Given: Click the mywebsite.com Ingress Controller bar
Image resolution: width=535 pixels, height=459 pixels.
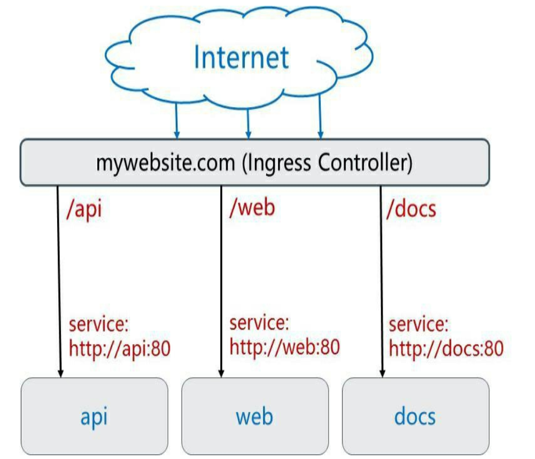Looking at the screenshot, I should pyautogui.click(x=254, y=162).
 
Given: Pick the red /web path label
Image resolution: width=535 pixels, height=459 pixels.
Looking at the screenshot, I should pyautogui.click(x=252, y=208).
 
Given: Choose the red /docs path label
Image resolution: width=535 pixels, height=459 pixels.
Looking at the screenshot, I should pyautogui.click(x=411, y=209).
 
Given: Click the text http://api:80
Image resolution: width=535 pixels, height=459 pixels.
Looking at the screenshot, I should pyautogui.click(x=120, y=348).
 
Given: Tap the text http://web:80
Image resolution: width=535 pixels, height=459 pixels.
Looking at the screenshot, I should pyautogui.click(x=284, y=347).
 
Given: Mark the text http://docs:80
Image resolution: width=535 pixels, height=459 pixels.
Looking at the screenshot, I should pyautogui.click(x=446, y=349).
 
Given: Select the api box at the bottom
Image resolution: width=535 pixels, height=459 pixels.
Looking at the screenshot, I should pyautogui.click(x=94, y=416).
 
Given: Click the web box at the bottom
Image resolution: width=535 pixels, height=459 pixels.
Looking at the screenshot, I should pyautogui.click(x=254, y=416).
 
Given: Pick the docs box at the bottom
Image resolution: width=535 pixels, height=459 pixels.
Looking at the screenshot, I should pyautogui.click(x=415, y=416).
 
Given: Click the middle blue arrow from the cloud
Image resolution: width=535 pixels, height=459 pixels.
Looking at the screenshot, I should pyautogui.click(x=247, y=120).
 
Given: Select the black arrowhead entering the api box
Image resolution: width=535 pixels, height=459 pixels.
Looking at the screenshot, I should pyautogui.click(x=60, y=372).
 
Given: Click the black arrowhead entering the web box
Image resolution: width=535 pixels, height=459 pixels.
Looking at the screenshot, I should pyautogui.click(x=220, y=372).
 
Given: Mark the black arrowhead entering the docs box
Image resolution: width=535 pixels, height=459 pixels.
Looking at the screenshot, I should pyautogui.click(x=382, y=372).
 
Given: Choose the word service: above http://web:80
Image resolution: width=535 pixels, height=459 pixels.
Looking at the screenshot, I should pyautogui.click(x=259, y=323).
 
